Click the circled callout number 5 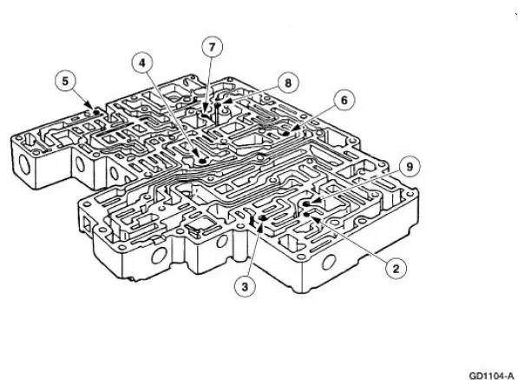pyautogui.click(x=65, y=81)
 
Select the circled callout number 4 pyautogui.click(x=142, y=63)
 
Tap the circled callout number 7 pyautogui.click(x=212, y=47)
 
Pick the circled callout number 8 pyautogui.click(x=288, y=83)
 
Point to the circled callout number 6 pyautogui.click(x=344, y=100)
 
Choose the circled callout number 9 pyautogui.click(x=410, y=166)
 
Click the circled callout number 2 pyautogui.click(x=397, y=269)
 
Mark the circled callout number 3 pyautogui.click(x=245, y=287)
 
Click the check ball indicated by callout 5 pyautogui.click(x=96, y=112)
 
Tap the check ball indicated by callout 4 pyautogui.click(x=202, y=161)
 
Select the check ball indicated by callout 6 pyautogui.click(x=286, y=134)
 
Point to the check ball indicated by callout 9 pyautogui.click(x=306, y=203)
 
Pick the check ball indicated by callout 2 pyautogui.click(x=306, y=215)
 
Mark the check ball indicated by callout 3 pyautogui.click(x=263, y=217)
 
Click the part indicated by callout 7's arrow pyautogui.click(x=206, y=115)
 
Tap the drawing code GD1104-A pyautogui.click(x=492, y=376)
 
